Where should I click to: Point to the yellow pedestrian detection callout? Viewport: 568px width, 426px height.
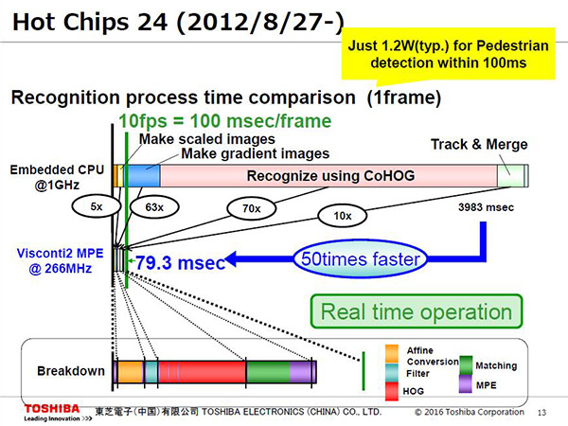click(x=449, y=54)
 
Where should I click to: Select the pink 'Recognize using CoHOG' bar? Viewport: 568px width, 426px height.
click(x=328, y=176)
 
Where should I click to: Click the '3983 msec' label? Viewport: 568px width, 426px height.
click(x=486, y=207)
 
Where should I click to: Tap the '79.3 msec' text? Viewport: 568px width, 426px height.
click(x=181, y=262)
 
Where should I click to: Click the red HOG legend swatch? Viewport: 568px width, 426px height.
click(x=392, y=391)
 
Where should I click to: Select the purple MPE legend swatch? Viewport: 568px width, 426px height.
click(x=466, y=384)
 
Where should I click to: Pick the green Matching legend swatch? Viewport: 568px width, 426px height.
click(x=466, y=365)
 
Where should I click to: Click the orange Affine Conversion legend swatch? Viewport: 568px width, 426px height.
click(x=392, y=354)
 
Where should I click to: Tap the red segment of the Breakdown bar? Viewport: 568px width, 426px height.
click(x=202, y=371)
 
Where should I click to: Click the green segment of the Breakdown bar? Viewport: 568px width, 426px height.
click(x=268, y=371)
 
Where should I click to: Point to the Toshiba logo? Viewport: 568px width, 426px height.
click(x=52, y=409)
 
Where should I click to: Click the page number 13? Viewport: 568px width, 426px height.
click(x=541, y=413)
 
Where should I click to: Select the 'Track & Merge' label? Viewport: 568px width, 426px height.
click(x=479, y=144)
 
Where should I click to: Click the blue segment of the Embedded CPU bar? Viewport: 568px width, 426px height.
click(x=142, y=176)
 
